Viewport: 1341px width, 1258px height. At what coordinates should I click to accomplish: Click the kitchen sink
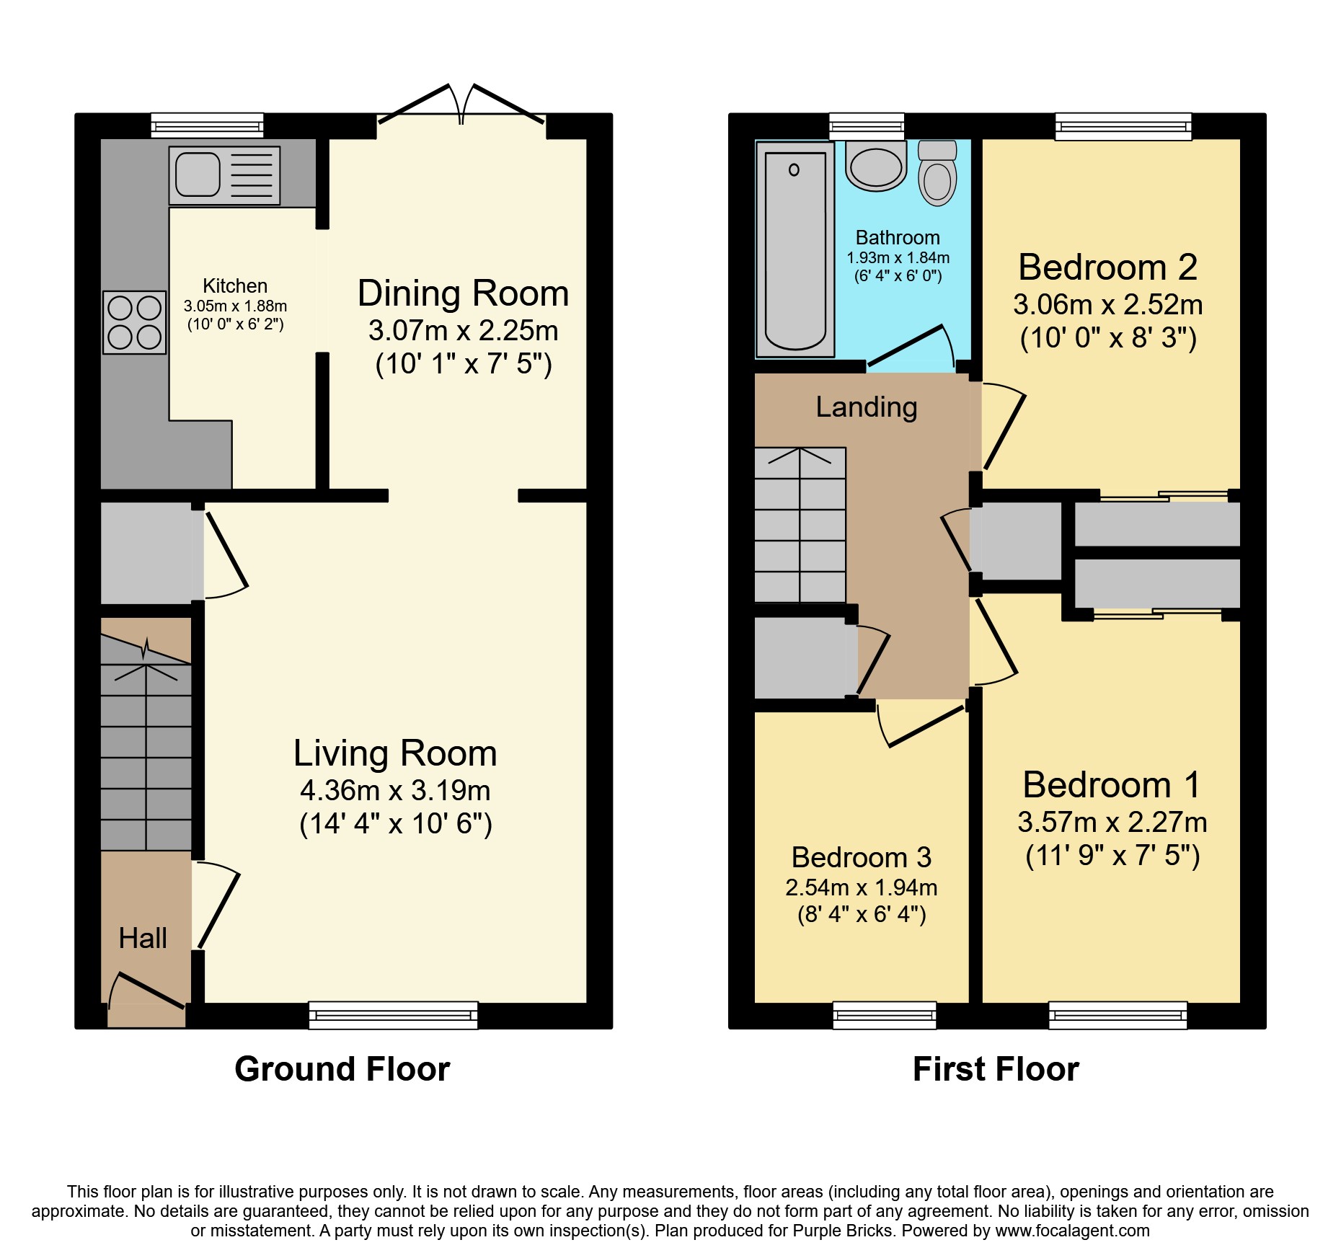click(x=224, y=175)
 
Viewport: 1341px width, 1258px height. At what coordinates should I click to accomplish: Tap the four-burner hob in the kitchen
click(x=135, y=322)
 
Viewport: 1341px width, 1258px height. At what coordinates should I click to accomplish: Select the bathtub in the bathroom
click(x=795, y=249)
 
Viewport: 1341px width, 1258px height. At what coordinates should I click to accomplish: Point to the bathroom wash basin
click(x=876, y=166)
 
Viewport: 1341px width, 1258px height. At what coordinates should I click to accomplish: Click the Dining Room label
click(x=464, y=293)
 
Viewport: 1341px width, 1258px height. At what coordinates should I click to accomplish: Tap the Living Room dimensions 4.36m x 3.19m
click(x=395, y=791)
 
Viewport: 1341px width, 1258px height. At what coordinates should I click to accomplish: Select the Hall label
click(x=143, y=938)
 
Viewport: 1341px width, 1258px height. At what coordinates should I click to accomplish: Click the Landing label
click(x=867, y=407)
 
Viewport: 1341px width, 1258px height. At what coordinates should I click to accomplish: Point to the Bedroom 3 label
click(x=862, y=857)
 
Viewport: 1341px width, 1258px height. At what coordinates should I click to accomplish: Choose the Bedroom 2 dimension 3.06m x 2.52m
click(x=1108, y=305)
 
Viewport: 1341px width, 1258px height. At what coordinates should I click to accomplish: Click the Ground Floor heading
click(x=342, y=1069)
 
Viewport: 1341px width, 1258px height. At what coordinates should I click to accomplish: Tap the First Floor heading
click(x=996, y=1069)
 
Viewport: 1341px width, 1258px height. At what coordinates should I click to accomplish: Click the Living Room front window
click(x=394, y=1015)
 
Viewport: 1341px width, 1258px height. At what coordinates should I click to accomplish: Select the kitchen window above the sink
click(x=208, y=125)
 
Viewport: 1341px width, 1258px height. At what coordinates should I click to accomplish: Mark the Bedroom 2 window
click(x=1123, y=126)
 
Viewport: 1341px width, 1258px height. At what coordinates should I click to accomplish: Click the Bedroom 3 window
click(x=885, y=1015)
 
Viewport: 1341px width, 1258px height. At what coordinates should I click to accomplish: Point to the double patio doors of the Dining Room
click(x=461, y=105)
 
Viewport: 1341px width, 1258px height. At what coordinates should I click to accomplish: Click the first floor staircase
click(x=800, y=525)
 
